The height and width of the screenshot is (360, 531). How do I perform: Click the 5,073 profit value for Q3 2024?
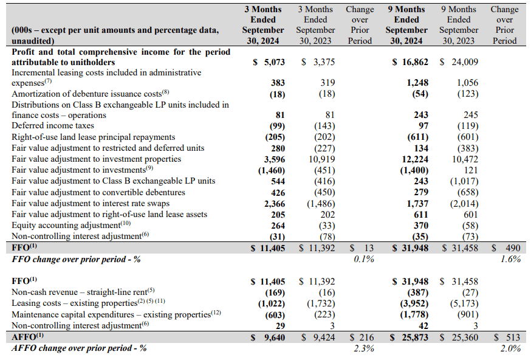(272, 62)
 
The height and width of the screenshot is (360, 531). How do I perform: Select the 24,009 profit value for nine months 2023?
(464, 62)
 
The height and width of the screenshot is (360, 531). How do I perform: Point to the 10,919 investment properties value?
(320, 159)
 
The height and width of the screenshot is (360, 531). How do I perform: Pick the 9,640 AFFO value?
(271, 337)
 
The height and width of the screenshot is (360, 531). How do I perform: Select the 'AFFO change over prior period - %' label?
(79, 348)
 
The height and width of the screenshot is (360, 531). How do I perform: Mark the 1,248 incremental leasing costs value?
(413, 82)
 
